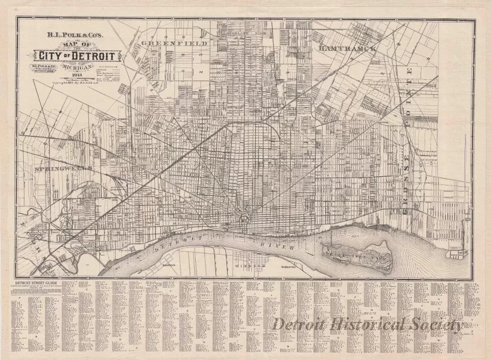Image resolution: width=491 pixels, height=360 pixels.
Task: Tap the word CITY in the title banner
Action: click(52, 56)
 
